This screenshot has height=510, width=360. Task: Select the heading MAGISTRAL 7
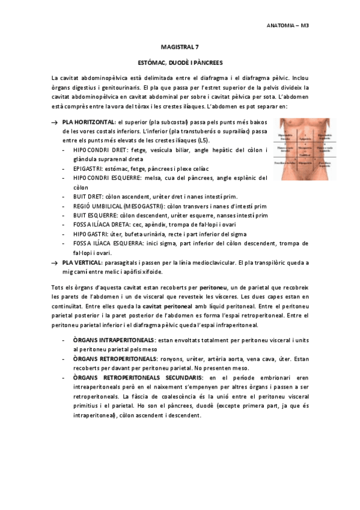tap(180, 47)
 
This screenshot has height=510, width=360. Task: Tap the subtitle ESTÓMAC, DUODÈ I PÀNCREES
tap(180, 63)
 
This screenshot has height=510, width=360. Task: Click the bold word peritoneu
tap(214, 288)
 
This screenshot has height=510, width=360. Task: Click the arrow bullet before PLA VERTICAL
tap(55, 263)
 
